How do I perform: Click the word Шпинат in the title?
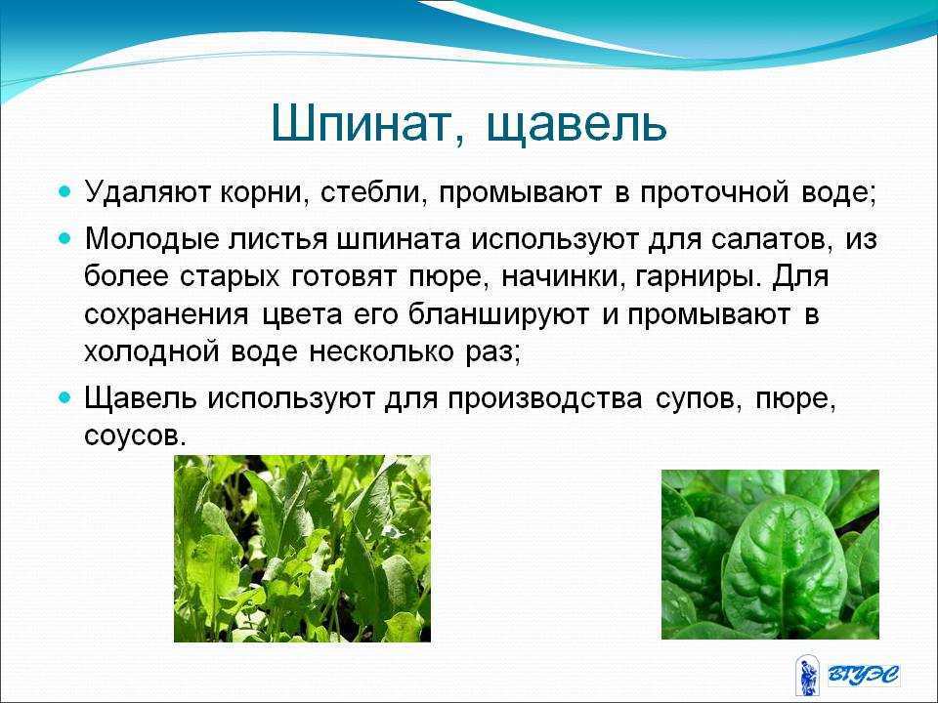[x=367, y=124]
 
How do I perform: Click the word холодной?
[x=151, y=352]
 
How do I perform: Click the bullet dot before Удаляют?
[x=65, y=192]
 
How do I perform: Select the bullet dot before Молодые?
[x=65, y=239]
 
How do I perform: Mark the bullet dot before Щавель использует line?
[x=65, y=398]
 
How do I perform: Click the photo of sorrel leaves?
[x=302, y=549]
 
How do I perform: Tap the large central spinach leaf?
[x=784, y=565]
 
